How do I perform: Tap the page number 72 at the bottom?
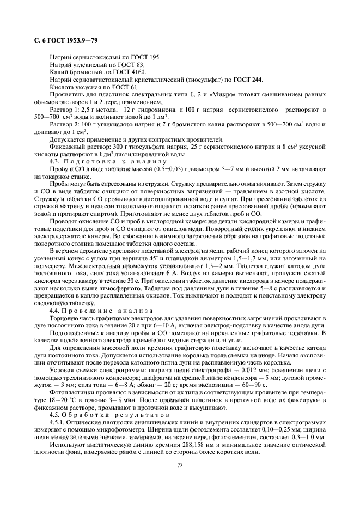click(179, 466)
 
